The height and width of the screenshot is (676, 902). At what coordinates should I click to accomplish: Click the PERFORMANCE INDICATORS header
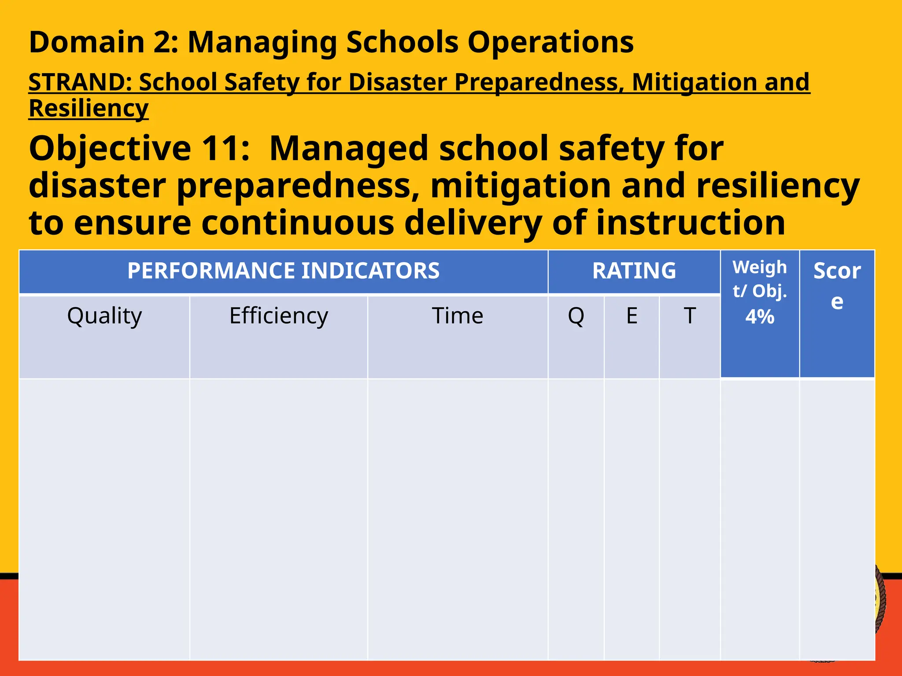283,271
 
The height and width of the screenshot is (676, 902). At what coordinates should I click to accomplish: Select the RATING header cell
634,271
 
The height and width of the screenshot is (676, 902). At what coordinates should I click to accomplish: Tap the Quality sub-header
104,316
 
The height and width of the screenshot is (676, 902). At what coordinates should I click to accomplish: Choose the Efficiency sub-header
278,316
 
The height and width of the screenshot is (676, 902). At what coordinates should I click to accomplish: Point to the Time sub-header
457,316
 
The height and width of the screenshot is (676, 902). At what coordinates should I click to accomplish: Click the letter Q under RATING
576,316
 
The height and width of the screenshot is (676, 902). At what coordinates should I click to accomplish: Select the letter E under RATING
632,316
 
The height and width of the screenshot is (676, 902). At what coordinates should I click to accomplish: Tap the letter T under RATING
689,316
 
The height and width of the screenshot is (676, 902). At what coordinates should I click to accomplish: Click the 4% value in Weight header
760,317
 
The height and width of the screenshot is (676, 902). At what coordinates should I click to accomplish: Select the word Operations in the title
550,42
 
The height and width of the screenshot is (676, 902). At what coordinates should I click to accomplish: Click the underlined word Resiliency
89,108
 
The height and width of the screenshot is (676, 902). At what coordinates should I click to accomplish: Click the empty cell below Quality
104,519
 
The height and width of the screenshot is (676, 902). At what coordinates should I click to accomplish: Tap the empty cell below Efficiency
278,519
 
